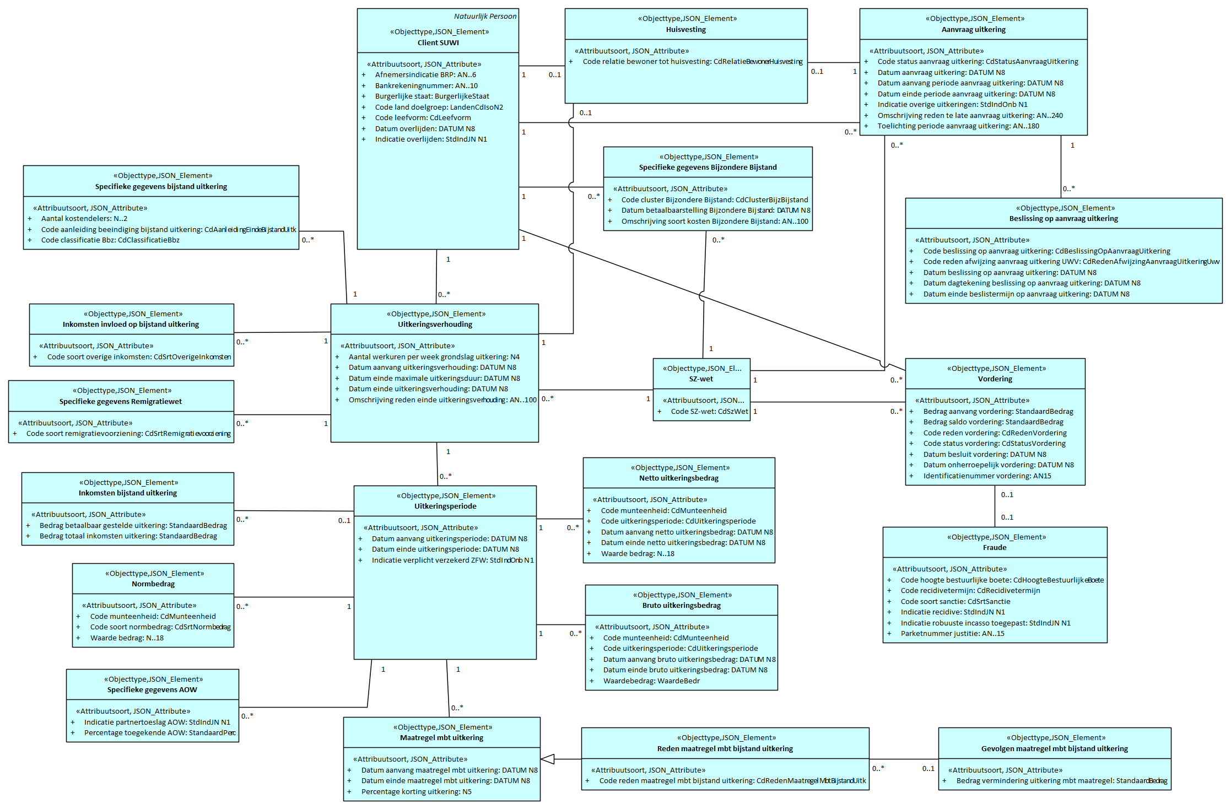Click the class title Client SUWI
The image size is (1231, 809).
(x=438, y=43)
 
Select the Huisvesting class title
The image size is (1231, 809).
(x=685, y=30)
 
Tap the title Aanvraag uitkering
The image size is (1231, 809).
(x=973, y=30)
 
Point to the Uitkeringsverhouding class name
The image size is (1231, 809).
(x=435, y=325)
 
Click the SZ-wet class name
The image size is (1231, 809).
(x=701, y=379)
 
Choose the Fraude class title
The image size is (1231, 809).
(x=995, y=548)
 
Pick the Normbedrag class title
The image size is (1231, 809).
(x=153, y=584)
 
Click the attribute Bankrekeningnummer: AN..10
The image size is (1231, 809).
(x=426, y=86)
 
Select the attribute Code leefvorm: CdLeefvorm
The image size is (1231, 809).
(x=423, y=118)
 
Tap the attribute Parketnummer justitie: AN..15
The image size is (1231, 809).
(x=952, y=634)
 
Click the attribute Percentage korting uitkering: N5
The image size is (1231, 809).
(x=416, y=792)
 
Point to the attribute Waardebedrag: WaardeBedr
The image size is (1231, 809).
(x=651, y=681)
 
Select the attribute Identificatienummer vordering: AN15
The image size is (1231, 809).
(x=987, y=476)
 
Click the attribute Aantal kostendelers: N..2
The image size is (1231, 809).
(x=84, y=219)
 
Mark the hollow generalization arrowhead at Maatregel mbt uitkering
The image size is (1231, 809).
(x=548, y=759)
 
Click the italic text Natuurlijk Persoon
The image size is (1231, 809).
(x=485, y=17)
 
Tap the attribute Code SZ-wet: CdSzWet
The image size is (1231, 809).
(x=709, y=412)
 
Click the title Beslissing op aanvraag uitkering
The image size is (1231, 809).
(x=1063, y=219)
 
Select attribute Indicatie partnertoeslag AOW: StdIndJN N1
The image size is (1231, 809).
(x=157, y=722)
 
